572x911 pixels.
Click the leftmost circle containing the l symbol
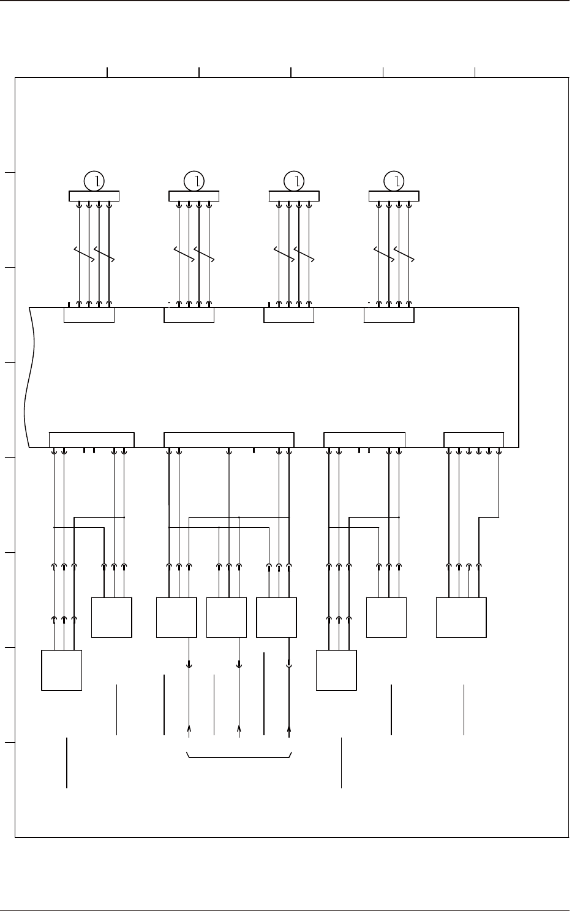94,181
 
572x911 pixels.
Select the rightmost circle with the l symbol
394,181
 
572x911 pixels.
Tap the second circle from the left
194,181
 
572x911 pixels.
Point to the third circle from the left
295,181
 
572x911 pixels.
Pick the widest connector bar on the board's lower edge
229,440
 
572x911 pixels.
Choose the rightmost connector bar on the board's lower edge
473,440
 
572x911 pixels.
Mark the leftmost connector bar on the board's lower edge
91,440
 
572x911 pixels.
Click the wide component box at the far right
461,618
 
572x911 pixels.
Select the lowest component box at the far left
61,671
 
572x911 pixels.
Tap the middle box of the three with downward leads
227,618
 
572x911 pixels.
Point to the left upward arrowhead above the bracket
189,728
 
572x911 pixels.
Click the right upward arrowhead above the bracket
289,728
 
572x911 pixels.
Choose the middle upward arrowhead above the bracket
239,728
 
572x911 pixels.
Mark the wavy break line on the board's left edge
27,377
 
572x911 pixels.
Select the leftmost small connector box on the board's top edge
89,315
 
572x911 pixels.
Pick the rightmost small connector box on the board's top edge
389,315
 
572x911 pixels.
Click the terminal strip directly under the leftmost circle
94,196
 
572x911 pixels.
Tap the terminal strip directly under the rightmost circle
394,196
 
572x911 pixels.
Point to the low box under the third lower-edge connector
336,671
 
